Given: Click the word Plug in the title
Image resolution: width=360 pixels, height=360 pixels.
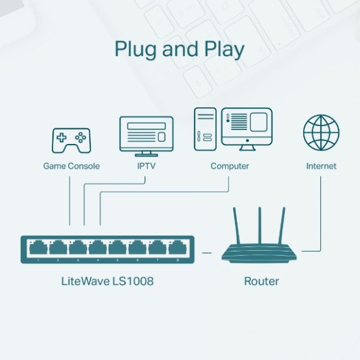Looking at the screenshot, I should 136,50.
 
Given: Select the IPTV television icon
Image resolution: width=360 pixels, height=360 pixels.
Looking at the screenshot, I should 146,135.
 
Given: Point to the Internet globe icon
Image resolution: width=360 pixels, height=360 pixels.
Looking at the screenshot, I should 321,133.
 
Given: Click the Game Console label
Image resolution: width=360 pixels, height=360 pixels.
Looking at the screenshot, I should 71,166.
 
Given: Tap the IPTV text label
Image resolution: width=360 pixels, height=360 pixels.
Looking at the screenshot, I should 146,166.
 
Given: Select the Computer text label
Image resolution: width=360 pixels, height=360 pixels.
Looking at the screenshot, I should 230,166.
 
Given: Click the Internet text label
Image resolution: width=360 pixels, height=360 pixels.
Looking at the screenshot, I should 321,166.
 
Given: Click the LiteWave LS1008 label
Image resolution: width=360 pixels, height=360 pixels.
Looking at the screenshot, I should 107,280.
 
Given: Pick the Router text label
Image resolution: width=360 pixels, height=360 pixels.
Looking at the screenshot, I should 261,280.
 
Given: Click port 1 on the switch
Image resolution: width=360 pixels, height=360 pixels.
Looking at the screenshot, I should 39,248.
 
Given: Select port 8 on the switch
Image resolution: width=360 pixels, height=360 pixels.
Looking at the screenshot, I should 177,248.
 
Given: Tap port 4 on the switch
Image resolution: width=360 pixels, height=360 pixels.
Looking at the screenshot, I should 98,248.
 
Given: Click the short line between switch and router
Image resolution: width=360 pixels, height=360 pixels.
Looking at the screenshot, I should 207,252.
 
